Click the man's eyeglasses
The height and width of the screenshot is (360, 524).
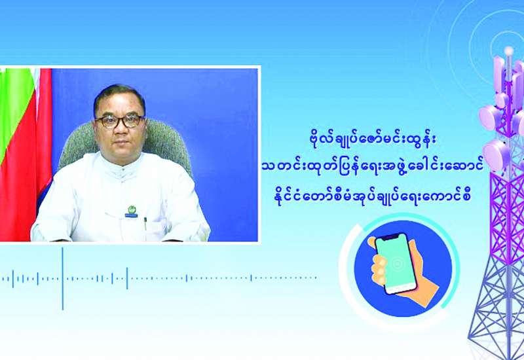120,121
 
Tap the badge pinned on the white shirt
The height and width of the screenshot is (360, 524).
131,211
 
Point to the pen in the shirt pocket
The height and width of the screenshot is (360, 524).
145,223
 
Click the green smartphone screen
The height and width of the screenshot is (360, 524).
396,263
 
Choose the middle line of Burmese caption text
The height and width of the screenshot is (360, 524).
372,168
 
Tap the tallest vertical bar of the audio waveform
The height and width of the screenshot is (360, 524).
62,279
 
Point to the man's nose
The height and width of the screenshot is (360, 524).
121,128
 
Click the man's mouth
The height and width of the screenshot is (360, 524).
122,141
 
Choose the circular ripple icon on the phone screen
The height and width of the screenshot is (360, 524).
397,264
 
